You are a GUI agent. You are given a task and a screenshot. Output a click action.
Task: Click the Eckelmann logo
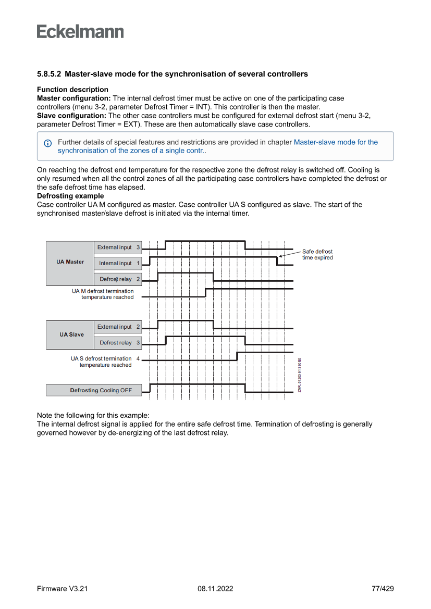click(80, 31)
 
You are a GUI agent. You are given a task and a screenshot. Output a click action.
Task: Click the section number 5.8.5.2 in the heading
click(50, 74)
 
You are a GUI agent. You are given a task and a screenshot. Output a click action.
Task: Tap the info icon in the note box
click(48, 143)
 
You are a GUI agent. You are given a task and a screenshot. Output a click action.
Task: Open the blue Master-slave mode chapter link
click(336, 142)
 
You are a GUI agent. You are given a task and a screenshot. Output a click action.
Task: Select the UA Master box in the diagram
click(70, 262)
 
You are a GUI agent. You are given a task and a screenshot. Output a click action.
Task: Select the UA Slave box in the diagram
click(70, 334)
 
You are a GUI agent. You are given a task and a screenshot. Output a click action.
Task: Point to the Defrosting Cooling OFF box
click(94, 390)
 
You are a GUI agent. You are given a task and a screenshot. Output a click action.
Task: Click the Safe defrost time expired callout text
click(317, 255)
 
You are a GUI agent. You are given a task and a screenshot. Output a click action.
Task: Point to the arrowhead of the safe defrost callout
click(280, 256)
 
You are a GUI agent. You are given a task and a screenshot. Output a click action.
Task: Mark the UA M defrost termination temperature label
click(103, 294)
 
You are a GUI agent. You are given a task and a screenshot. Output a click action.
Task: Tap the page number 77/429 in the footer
click(382, 589)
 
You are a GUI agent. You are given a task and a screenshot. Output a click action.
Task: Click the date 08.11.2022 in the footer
click(215, 589)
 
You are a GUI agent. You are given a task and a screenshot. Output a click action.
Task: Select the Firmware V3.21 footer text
click(62, 589)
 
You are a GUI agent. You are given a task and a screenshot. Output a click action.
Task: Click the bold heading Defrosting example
click(70, 196)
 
